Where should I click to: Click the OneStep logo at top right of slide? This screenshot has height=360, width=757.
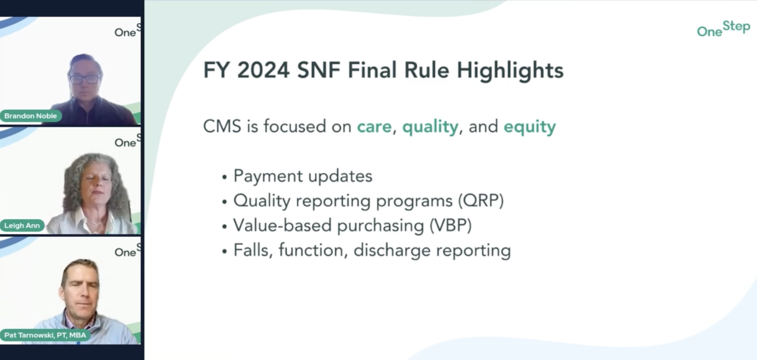point(723,29)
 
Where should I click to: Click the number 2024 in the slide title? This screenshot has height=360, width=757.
point(263,70)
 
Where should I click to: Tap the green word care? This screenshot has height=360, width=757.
point(374,127)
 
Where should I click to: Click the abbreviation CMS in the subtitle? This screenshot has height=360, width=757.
point(222,127)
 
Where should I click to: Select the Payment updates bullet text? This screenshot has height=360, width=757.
point(303,176)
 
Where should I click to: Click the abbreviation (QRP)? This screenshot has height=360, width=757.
point(481,201)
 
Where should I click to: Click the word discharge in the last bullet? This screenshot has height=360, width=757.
point(392,250)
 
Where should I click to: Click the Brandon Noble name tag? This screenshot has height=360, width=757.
point(31,116)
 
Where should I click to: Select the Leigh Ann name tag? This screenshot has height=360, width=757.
point(22,226)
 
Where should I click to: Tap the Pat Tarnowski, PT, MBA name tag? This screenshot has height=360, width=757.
point(45,335)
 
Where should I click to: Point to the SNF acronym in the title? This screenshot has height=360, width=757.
point(319,70)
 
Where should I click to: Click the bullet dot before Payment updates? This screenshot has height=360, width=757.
point(224,177)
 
